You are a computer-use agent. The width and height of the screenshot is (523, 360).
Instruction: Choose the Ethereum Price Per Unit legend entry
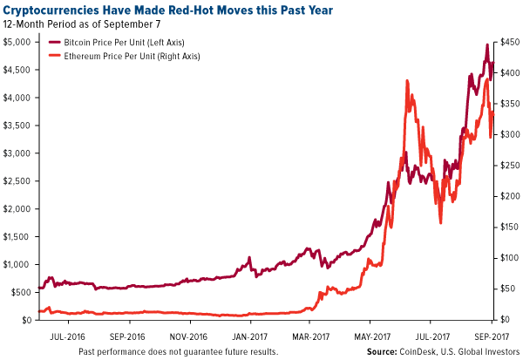(x=143, y=56)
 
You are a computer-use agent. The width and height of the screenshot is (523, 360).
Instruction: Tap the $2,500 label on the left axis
(x=17, y=180)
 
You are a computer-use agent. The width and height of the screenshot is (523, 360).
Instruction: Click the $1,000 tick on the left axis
(x=17, y=264)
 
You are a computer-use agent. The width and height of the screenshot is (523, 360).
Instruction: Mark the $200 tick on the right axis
(x=506, y=196)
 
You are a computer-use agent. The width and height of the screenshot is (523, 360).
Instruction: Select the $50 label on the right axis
(x=504, y=289)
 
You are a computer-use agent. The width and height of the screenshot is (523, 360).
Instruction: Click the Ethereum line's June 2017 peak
(x=408, y=81)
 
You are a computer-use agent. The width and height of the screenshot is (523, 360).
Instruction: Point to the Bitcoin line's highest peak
(x=486, y=44)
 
